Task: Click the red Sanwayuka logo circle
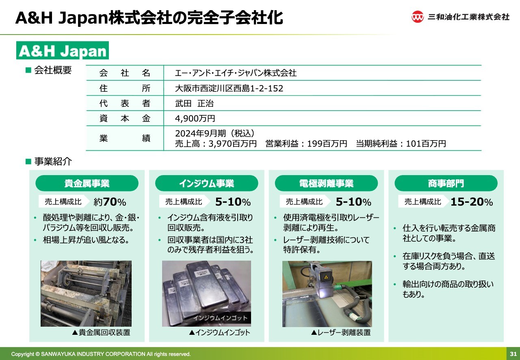coord(417,17)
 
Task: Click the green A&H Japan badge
coord(63,50)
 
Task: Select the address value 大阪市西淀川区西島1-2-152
coord(229,89)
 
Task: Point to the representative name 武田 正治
coord(194,104)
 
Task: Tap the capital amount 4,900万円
coord(195,119)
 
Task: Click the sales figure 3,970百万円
coord(233,144)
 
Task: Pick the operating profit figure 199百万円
coord(327,144)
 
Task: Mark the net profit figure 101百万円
coord(426,144)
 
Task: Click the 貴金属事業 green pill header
coord(87,183)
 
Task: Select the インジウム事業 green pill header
coord(207,183)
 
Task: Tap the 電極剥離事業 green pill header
coord(326,183)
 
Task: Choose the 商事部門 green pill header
coord(446,183)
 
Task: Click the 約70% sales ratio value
coord(110,202)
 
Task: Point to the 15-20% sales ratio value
coord(472,202)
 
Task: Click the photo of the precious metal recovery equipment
coord(86,294)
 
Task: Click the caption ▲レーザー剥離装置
coord(341,333)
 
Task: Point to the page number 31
coord(513,354)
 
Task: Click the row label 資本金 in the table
coord(125,119)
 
